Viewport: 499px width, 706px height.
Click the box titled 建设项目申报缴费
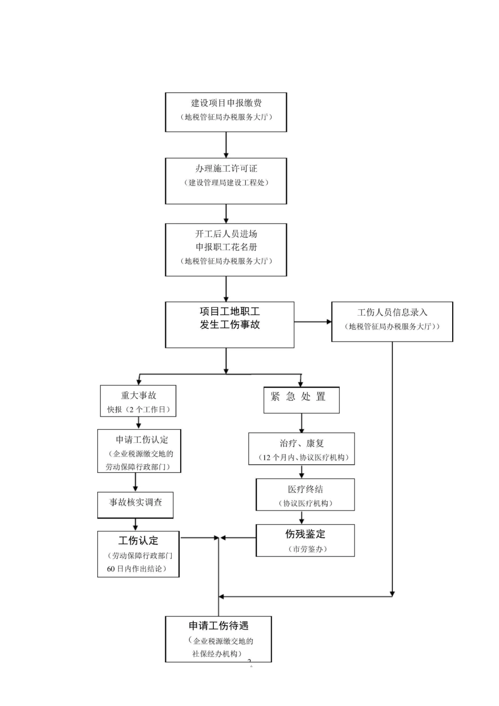pyautogui.click(x=226, y=112)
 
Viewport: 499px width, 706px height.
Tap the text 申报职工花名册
pyautogui.click(x=226, y=247)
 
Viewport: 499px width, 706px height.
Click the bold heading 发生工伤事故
pyautogui.click(x=230, y=325)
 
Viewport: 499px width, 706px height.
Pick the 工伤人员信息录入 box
pyautogui.click(x=392, y=321)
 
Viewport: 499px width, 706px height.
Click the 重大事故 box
pyautogui.click(x=138, y=401)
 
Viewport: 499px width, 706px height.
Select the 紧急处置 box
pyautogui.click(x=301, y=400)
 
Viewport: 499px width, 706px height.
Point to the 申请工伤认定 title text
pyautogui.click(x=142, y=440)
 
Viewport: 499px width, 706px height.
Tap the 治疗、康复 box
pyautogui.click(x=301, y=449)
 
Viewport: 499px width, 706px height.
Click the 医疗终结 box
pyautogui.click(x=305, y=494)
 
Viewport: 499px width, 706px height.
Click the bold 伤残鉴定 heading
pyautogui.click(x=305, y=534)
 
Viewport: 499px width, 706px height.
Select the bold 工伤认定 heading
pyautogui.click(x=138, y=541)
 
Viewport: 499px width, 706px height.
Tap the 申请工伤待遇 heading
pyautogui.click(x=219, y=626)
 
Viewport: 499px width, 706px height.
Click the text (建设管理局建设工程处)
pyautogui.click(x=226, y=183)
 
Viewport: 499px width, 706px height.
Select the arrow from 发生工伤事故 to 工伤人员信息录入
pyautogui.click(x=313, y=321)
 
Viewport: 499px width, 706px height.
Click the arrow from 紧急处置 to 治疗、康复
pyautogui.click(x=302, y=423)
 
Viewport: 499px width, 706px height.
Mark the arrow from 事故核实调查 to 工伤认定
pyautogui.click(x=136, y=524)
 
